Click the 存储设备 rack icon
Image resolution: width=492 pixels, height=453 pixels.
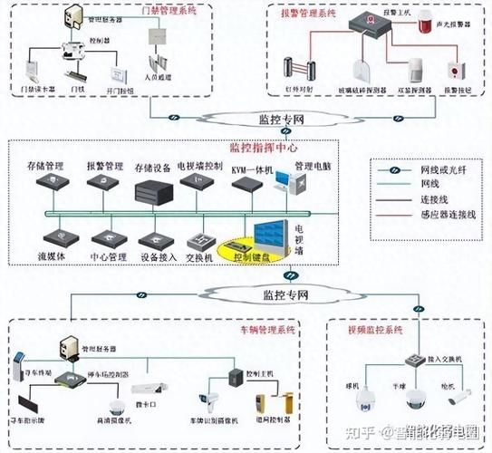point(150,191)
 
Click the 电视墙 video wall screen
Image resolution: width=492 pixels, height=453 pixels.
point(272,237)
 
